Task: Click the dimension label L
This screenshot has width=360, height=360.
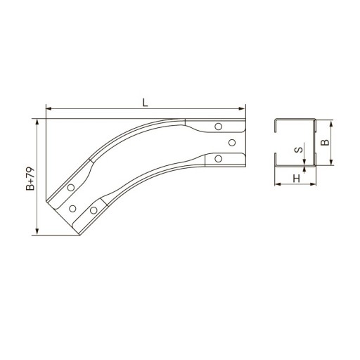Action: tap(146, 103)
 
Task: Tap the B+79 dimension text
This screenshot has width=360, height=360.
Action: tap(30, 179)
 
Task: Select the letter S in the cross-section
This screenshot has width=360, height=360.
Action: tap(299, 150)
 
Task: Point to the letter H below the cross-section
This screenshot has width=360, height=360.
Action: tap(297, 179)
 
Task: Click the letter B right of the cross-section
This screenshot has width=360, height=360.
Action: tap(325, 142)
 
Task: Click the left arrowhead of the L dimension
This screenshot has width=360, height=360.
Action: tap(49, 108)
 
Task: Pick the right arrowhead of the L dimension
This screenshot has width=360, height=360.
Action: tap(242, 108)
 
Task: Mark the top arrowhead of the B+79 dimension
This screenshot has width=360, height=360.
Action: tap(37, 122)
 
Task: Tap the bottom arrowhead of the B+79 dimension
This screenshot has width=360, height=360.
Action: tap(37, 232)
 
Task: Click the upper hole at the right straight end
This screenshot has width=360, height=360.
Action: tap(219, 127)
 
